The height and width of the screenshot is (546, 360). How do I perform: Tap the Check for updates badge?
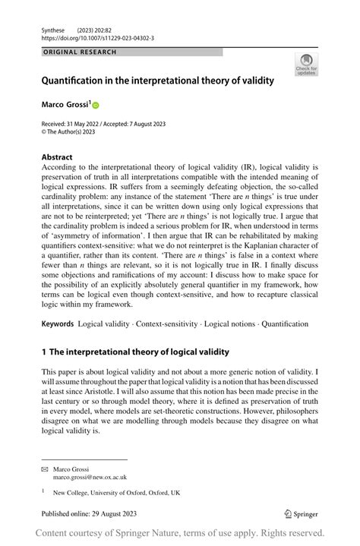(x=307, y=65)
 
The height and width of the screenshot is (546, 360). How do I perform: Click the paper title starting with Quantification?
(x=157, y=80)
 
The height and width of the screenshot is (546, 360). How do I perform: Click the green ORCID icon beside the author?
(x=96, y=105)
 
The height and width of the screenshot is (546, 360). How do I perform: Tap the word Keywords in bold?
(x=58, y=323)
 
